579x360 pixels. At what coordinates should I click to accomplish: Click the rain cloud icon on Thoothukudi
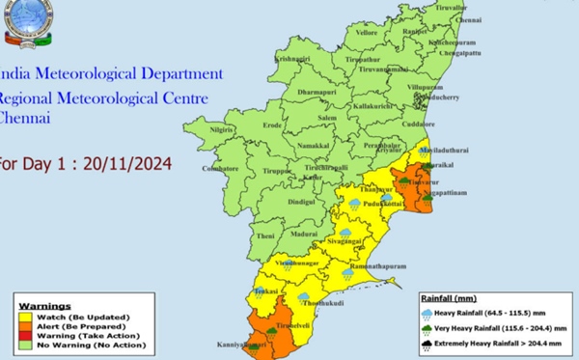coord(305,297)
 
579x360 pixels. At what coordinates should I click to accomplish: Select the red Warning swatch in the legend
coord(24,335)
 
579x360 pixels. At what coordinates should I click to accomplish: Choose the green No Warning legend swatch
coord(24,345)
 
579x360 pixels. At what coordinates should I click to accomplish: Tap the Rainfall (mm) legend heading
coord(447,299)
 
